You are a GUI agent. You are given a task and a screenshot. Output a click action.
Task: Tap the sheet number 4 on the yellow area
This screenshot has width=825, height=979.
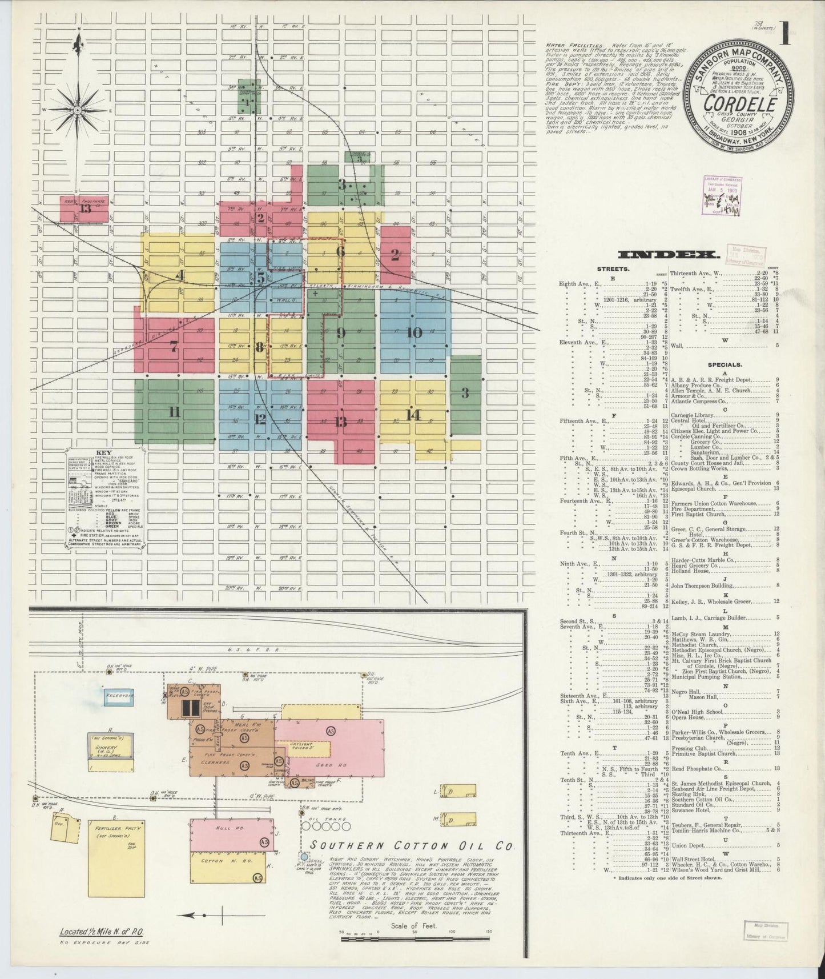(180, 276)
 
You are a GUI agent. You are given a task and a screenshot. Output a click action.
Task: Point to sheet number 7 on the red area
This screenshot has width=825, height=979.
(174, 346)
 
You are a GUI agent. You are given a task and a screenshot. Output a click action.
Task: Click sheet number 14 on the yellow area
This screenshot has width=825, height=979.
(413, 415)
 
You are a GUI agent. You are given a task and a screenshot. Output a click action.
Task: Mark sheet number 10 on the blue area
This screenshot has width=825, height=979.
(414, 332)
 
